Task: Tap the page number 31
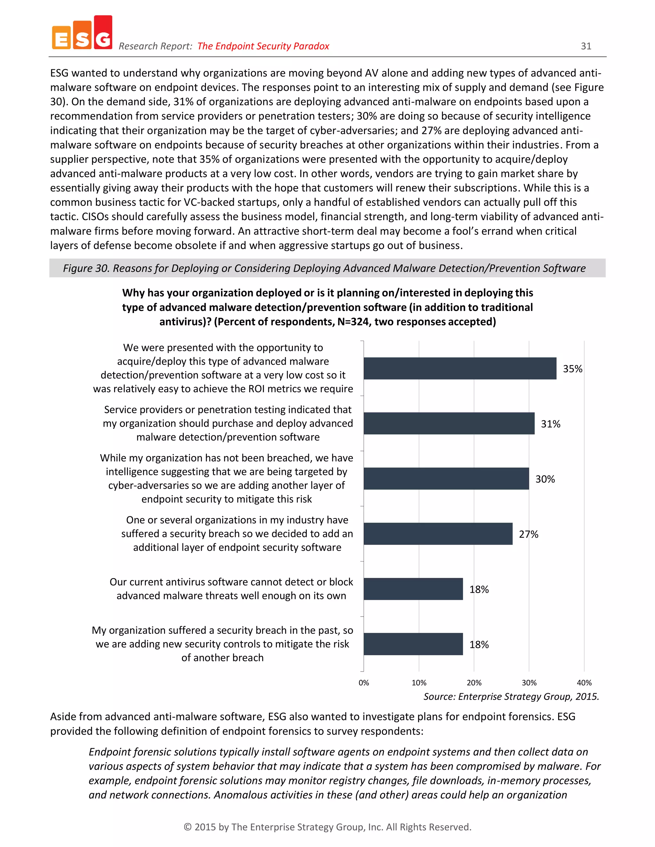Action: pos(586,46)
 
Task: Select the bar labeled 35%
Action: pos(460,369)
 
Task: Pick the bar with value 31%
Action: pos(449,423)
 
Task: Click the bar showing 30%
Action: pos(446,478)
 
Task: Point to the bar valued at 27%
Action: pos(438,534)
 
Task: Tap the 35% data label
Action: pos(572,369)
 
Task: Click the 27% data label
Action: pos(528,534)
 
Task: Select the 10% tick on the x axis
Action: pos(419,683)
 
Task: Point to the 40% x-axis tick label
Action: pos(584,683)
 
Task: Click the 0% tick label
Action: pos(364,683)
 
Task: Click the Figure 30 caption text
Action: pos(324,268)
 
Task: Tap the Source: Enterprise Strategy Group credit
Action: pos(511,696)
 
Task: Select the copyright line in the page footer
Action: pos(327,827)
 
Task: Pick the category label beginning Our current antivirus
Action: pos(231,589)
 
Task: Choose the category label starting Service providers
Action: pos(228,423)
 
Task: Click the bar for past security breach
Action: pos(413,644)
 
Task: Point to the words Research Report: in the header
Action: pos(155,46)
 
